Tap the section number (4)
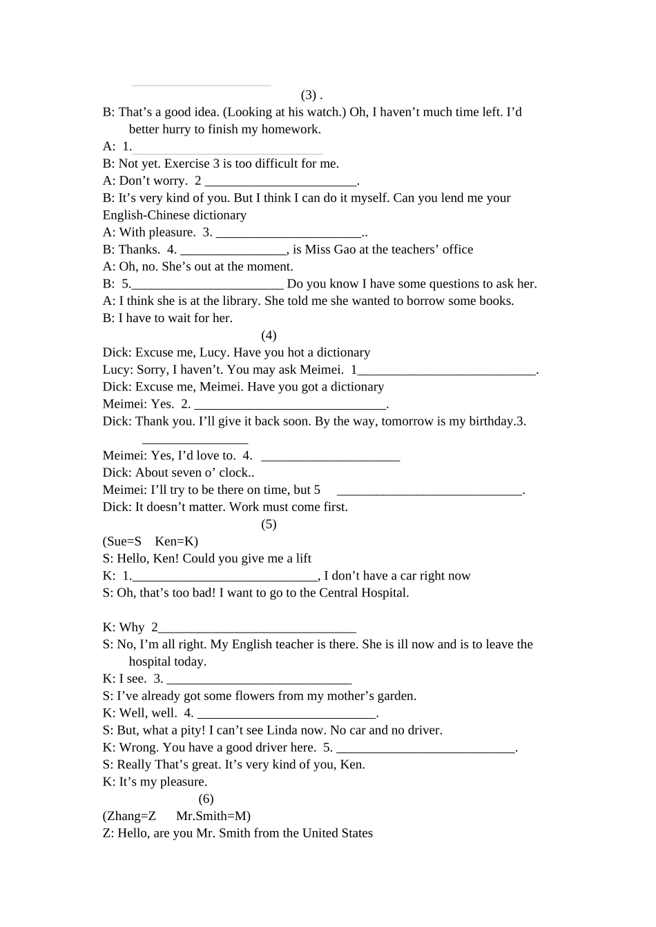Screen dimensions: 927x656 click(269, 336)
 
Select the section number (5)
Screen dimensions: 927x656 click(269, 524)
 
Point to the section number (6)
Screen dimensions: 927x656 click(206, 799)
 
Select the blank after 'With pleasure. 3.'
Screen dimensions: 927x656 click(289, 232)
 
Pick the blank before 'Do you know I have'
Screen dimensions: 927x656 click(207, 284)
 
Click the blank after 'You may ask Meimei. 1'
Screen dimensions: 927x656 click(446, 370)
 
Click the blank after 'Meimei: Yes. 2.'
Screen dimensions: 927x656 click(290, 404)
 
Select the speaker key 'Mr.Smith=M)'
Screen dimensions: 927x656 click(213, 816)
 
